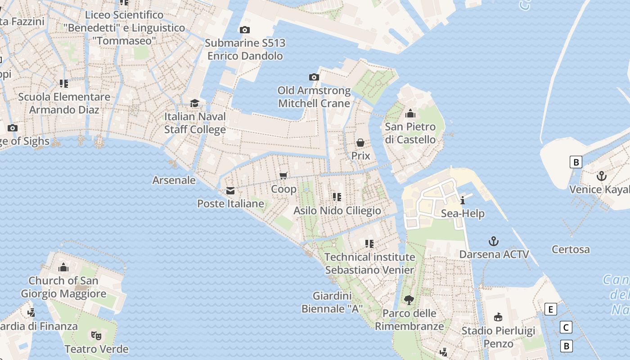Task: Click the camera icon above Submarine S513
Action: [x=245, y=30]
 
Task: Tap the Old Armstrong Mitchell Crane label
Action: [x=314, y=97]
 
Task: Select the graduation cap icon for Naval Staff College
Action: [x=194, y=103]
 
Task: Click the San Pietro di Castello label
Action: [x=410, y=133]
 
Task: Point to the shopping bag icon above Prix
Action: [x=360, y=143]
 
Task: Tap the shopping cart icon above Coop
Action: [x=283, y=175]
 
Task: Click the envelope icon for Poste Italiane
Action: [x=230, y=191]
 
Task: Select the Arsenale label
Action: [x=174, y=180]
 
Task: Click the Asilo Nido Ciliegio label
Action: [x=337, y=211]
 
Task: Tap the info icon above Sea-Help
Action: [x=463, y=200]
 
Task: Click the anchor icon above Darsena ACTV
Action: [x=494, y=241]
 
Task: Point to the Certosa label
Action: [x=571, y=249]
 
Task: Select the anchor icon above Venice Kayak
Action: [x=602, y=176]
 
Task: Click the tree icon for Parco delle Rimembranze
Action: [x=409, y=300]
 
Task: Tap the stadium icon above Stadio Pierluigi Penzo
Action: [x=498, y=317]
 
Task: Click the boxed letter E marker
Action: [x=550, y=309]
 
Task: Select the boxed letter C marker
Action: [x=566, y=327]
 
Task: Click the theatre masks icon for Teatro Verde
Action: [x=96, y=335]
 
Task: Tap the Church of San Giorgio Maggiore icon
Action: [x=63, y=267]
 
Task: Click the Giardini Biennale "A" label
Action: [x=332, y=302]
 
